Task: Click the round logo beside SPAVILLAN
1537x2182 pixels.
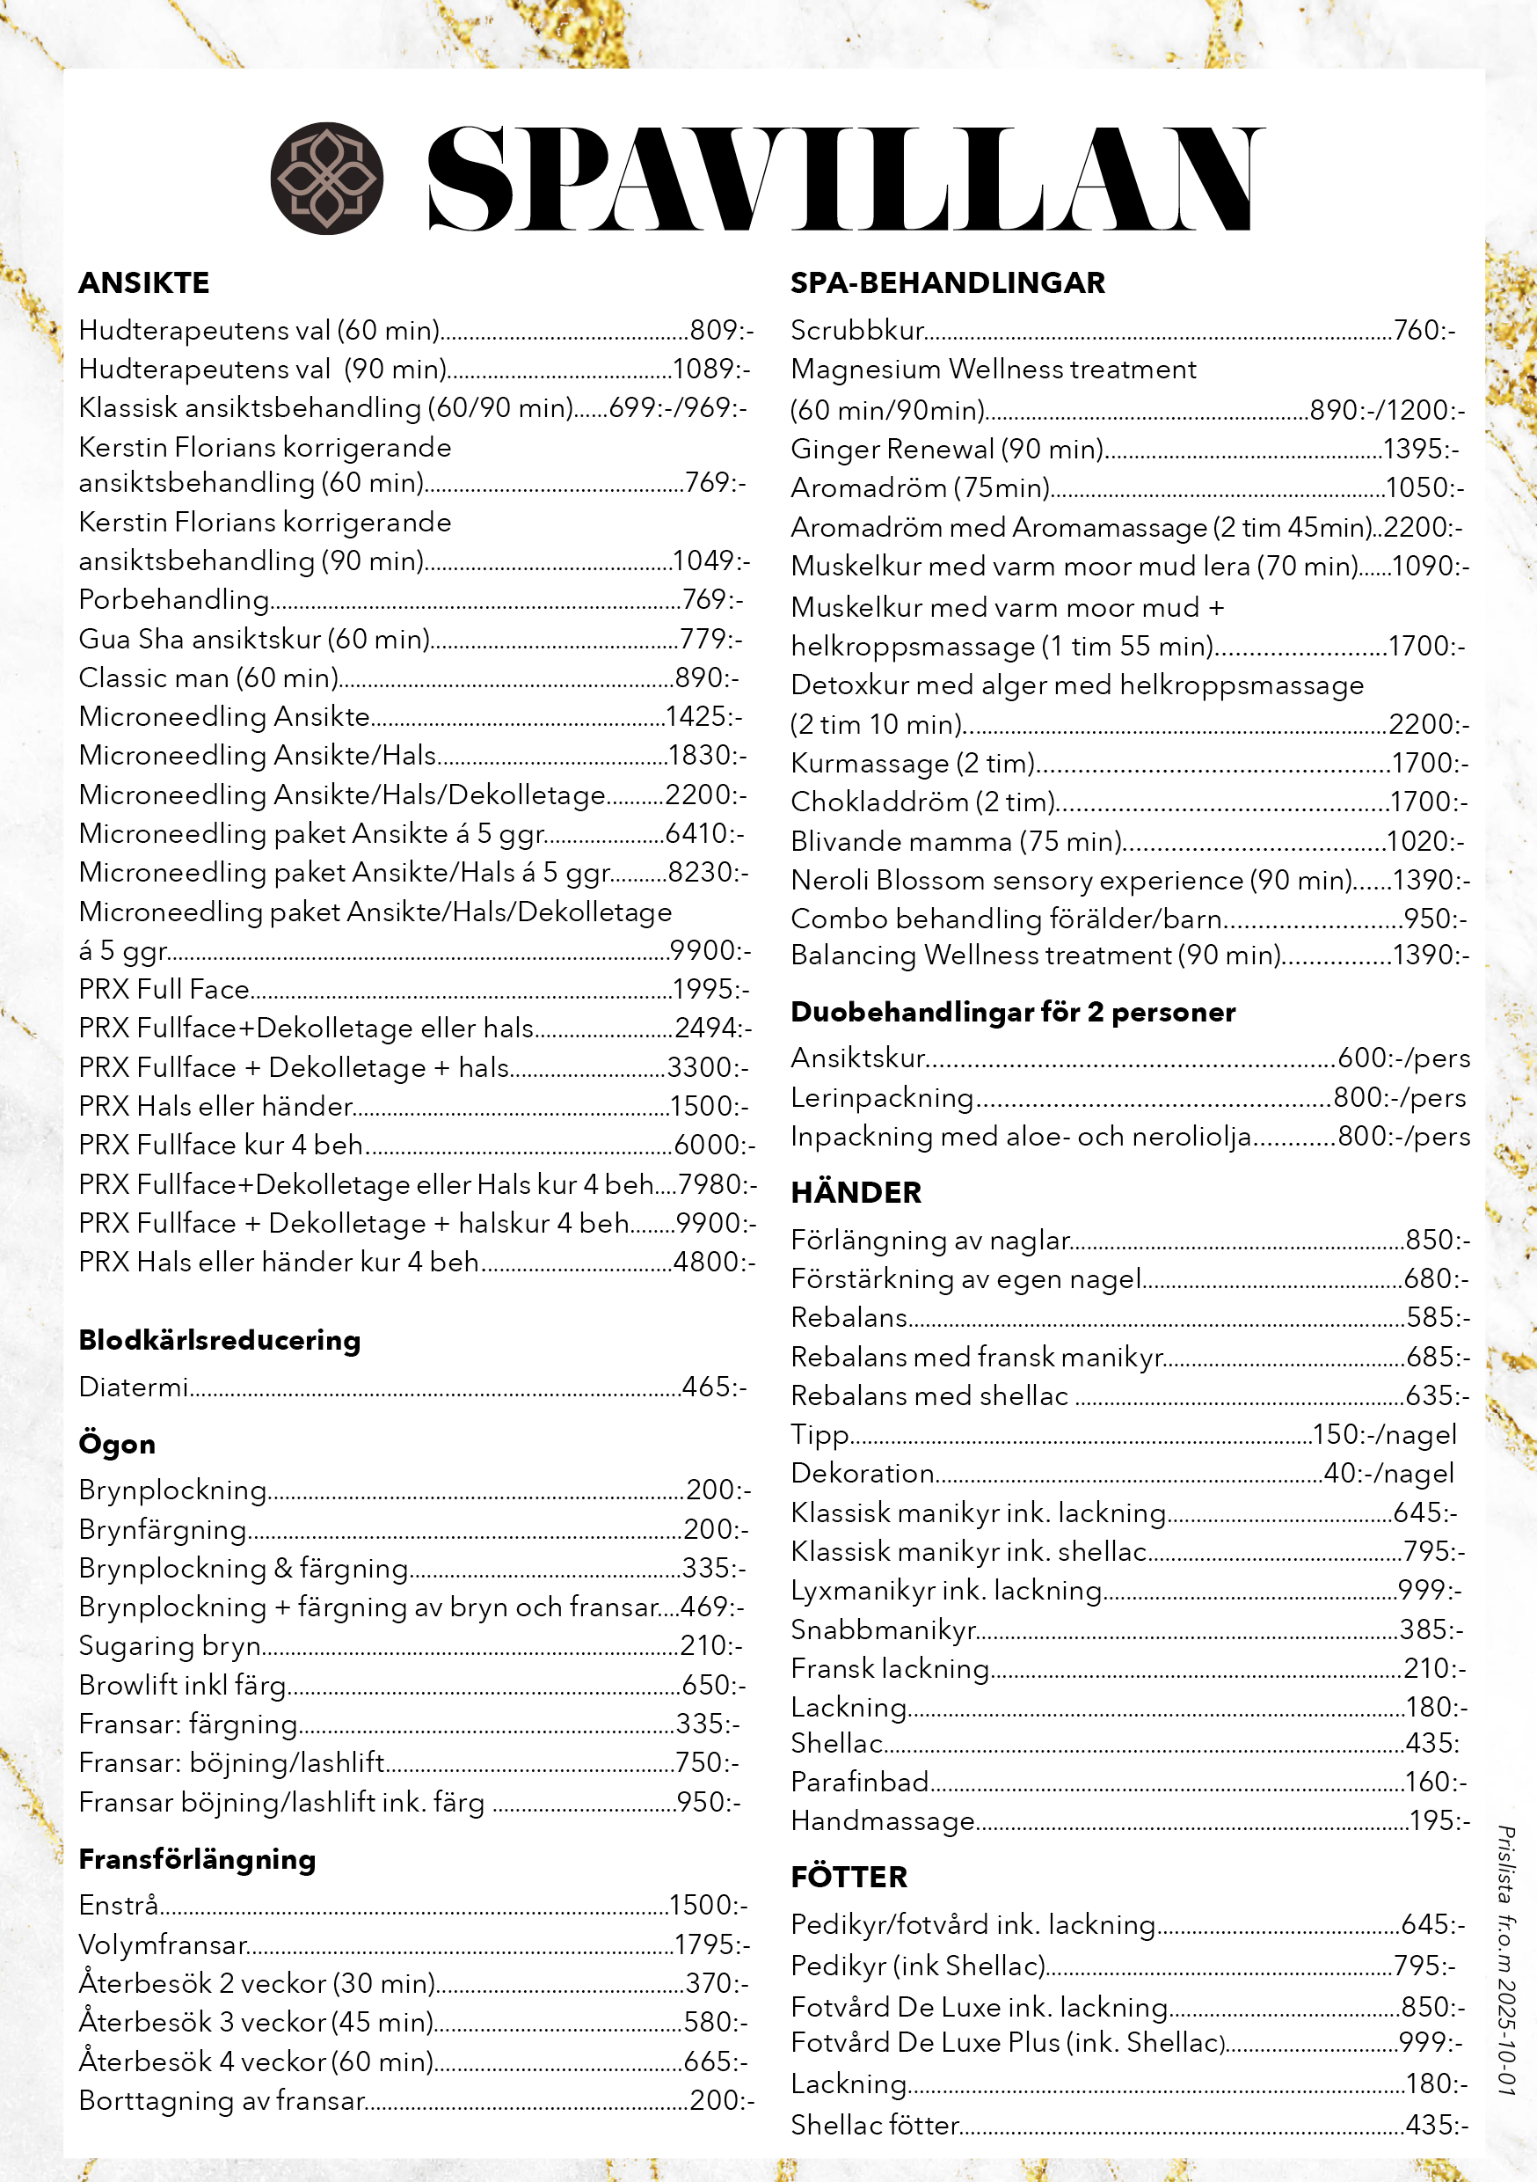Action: click(327, 178)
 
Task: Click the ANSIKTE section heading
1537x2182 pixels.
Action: click(144, 283)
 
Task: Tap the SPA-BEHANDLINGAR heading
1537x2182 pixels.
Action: click(947, 283)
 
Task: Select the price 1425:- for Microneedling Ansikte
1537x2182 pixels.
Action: click(704, 716)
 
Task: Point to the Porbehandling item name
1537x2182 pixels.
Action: click(174, 600)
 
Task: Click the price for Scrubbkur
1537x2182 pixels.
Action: click(1424, 331)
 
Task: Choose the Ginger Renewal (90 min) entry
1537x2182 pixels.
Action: click(947, 449)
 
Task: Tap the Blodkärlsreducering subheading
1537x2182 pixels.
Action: click(220, 1340)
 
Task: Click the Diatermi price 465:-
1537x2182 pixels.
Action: click(714, 1387)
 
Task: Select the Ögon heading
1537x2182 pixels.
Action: click(117, 1444)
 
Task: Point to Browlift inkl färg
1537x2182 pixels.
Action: click(182, 1685)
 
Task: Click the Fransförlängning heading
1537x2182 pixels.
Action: click(197, 1859)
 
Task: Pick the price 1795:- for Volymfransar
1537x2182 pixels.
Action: click(711, 1944)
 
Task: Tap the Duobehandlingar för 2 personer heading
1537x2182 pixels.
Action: click(1013, 1012)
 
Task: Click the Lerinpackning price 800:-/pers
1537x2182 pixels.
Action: click(1399, 1098)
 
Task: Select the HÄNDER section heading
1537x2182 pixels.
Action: click(856, 1193)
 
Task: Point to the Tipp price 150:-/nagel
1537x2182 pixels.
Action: click(1384, 1434)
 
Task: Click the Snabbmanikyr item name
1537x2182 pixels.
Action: click(884, 1629)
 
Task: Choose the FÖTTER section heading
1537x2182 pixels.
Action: click(849, 1877)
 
